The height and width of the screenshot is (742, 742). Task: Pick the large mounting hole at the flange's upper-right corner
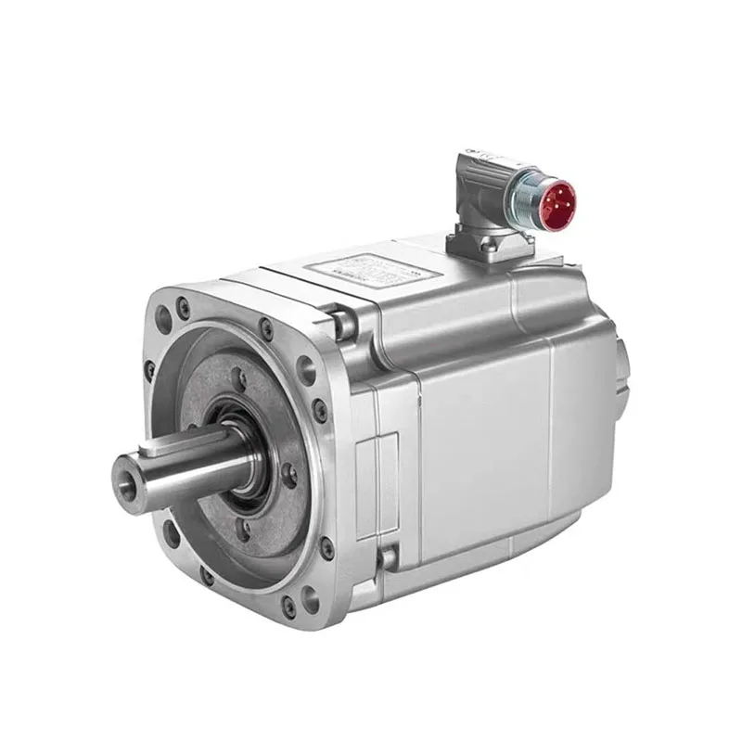(306, 372)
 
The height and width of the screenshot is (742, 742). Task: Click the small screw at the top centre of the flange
(266, 326)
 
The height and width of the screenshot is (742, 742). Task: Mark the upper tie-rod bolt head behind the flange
(344, 324)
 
